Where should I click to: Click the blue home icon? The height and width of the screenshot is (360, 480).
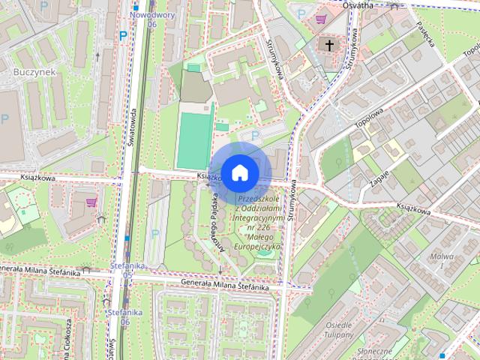(x=239, y=172)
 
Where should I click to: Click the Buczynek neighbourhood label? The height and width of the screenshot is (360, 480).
(x=31, y=72)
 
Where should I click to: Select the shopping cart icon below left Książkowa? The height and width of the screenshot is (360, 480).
(x=92, y=202)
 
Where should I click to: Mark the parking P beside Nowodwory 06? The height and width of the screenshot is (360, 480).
(x=122, y=34)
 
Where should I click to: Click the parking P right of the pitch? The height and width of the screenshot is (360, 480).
(x=255, y=136)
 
